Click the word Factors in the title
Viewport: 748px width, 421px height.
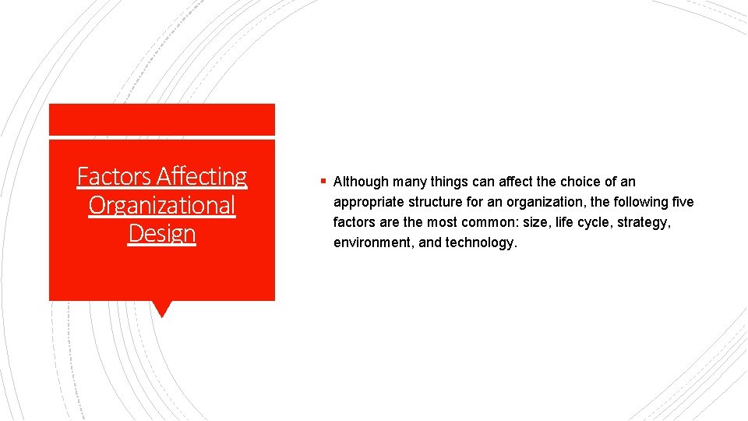click(115, 177)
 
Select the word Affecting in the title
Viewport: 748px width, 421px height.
click(201, 177)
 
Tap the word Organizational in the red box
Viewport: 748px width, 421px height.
click(162, 205)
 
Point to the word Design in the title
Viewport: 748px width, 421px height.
click(162, 233)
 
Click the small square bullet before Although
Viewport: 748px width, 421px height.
click(323, 182)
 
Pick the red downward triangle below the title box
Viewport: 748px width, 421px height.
click(161, 309)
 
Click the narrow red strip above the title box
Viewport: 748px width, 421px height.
click(161, 119)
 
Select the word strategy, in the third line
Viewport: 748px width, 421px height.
click(642, 222)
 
